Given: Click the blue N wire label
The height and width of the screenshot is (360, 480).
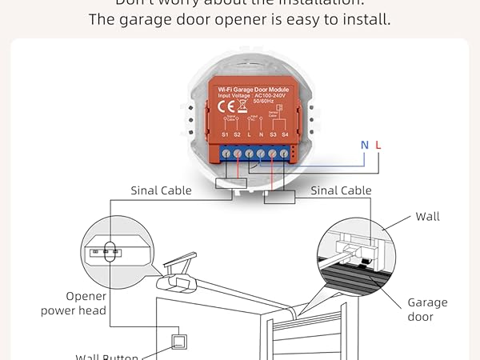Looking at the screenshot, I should click(x=365, y=145).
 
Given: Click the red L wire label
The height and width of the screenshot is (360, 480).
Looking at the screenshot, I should click(x=378, y=145).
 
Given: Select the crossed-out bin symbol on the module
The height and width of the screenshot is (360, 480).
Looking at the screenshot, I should click(x=243, y=104).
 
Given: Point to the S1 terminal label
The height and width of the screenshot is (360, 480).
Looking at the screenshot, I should click(x=225, y=135).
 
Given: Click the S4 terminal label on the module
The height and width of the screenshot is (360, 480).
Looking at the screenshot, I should click(x=285, y=135).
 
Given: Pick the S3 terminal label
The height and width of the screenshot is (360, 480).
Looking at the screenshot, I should click(x=273, y=135).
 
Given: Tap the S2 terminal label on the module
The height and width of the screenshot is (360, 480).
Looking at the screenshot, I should click(x=237, y=135).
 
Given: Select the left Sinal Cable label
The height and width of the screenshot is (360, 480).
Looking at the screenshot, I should click(x=162, y=190).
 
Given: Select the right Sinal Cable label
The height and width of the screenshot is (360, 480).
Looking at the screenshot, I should click(x=341, y=190).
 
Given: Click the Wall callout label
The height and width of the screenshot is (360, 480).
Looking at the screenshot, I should click(x=427, y=217).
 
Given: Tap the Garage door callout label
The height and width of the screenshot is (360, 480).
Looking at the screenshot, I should click(x=427, y=310).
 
